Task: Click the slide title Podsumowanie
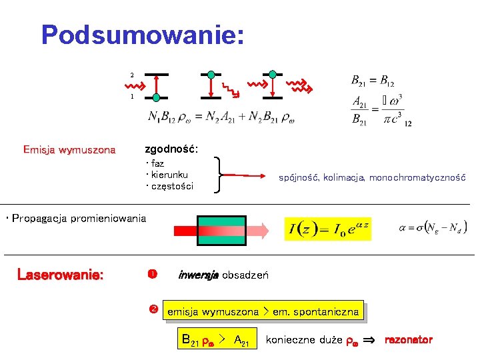point(142,35)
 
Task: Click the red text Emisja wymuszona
point(69,149)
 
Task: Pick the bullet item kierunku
point(169,174)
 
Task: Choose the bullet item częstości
point(171,186)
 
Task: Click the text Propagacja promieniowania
point(76,219)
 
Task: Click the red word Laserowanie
point(61,275)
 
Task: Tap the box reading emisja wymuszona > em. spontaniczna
point(263,311)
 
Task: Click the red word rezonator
point(408,340)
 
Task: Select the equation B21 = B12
point(373,81)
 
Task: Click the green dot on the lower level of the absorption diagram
point(157,97)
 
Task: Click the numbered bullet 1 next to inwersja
point(151,274)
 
